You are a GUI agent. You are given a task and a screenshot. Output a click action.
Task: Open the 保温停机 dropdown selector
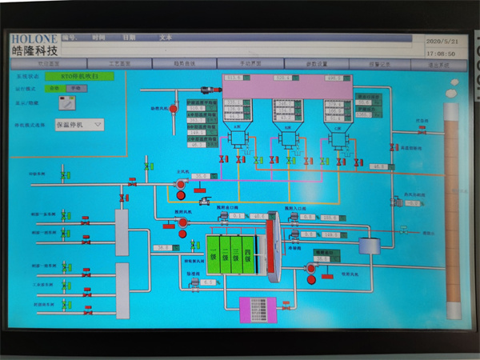tap(78, 124)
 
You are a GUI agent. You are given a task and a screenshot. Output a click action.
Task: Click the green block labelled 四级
tap(249, 257)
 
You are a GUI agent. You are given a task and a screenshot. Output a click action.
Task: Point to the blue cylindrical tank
tap(368, 246)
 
